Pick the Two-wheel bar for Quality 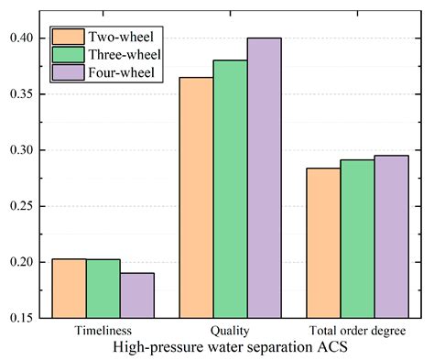tap(197, 198)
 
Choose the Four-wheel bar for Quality tap(265, 179)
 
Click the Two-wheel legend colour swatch tap(68, 37)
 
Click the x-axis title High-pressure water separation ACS tap(230, 347)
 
